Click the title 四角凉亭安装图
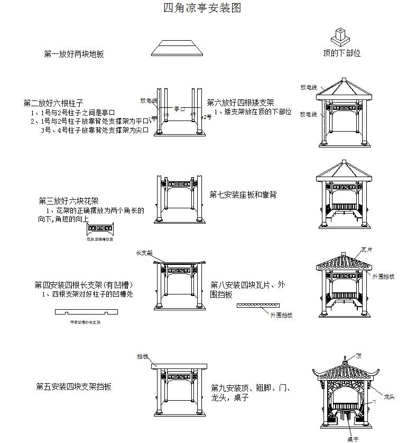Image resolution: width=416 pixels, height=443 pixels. coord(203,8)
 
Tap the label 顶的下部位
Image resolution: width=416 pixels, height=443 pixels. coord(341,53)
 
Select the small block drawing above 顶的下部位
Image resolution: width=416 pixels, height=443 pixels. coord(339,36)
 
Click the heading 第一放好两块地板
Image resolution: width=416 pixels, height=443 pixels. coord(77,53)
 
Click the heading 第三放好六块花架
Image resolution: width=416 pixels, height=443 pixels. coord(68,201)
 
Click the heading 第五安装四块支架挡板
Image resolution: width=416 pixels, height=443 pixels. coord(73,387)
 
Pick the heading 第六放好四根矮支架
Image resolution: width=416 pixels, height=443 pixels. coord(240,103)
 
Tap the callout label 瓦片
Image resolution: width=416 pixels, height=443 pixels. coord(366,250)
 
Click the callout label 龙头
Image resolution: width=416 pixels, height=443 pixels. coord(389,395)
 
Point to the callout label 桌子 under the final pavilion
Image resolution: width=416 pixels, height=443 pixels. coord(353,438)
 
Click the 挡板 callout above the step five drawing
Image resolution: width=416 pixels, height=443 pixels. coord(142,356)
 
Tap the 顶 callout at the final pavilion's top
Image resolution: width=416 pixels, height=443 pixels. coord(359,355)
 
